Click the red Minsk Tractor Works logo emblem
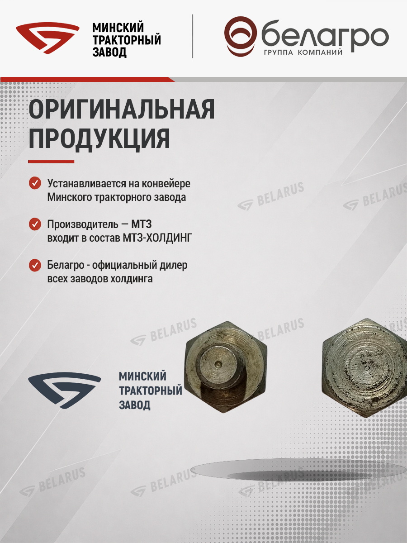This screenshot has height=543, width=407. (x=47, y=38)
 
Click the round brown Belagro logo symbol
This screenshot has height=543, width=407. (x=241, y=37)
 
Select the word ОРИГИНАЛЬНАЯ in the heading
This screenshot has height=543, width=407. (x=122, y=110)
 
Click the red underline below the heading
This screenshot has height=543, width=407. (x=51, y=162)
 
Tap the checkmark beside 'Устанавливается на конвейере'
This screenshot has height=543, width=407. (x=35, y=183)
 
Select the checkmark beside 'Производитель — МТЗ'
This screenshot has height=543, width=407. (x=35, y=224)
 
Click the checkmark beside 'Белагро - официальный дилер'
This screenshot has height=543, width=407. (x=35, y=265)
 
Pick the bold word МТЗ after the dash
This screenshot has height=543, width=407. (x=142, y=224)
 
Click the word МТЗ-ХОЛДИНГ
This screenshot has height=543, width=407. (x=157, y=238)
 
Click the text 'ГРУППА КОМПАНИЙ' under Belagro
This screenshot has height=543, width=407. (x=303, y=52)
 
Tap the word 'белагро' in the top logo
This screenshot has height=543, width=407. (x=325, y=37)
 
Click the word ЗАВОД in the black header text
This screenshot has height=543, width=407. (x=109, y=52)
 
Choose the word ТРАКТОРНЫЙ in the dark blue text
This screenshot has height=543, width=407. (x=151, y=391)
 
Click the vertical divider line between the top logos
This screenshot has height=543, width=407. (x=193, y=36)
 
